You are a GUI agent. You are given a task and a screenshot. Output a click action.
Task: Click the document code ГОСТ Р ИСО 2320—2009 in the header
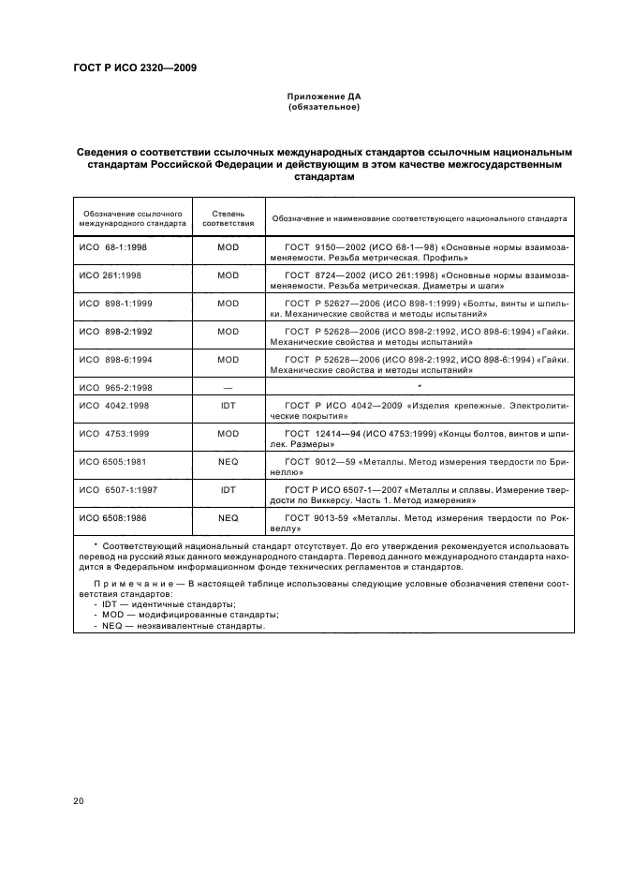135,67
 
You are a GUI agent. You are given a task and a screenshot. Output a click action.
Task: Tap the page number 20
79,800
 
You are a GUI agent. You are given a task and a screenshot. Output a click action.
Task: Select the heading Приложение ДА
323,97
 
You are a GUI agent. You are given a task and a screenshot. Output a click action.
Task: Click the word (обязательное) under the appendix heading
323,107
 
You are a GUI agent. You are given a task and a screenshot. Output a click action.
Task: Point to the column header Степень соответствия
228,219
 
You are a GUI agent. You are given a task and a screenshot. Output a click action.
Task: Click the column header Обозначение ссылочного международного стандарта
132,219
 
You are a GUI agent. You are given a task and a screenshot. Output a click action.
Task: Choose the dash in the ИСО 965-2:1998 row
228,385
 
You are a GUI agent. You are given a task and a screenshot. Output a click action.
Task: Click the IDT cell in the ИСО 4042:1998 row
228,405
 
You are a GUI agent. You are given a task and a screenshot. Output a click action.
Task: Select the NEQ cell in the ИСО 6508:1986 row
228,516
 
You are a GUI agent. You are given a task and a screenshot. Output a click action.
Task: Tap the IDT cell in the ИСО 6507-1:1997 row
228,489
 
